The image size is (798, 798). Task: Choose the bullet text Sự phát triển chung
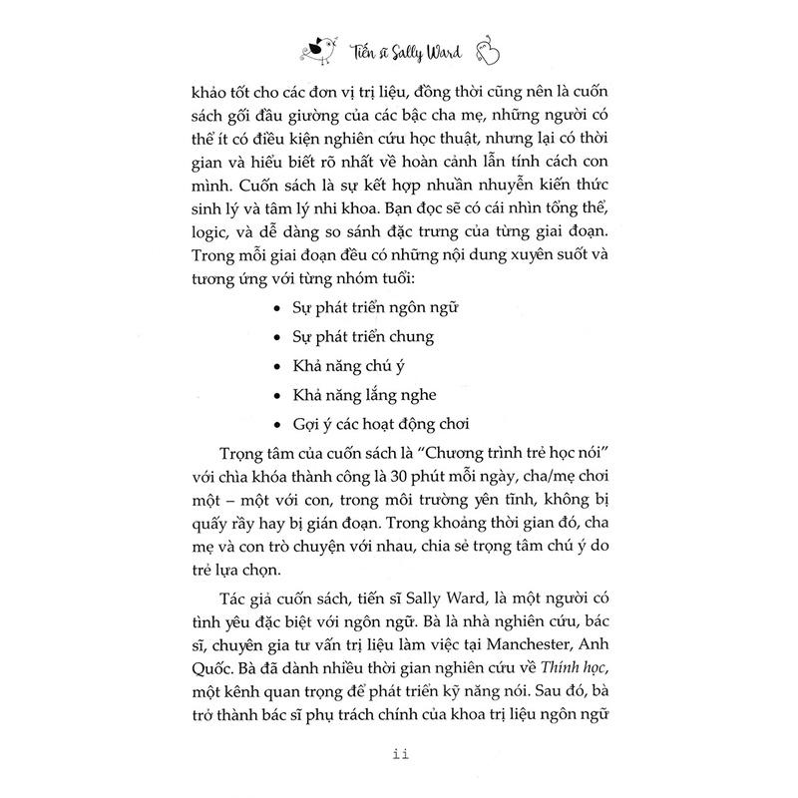pos(354,336)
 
